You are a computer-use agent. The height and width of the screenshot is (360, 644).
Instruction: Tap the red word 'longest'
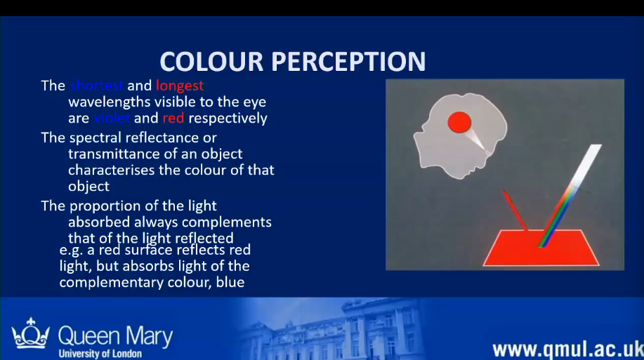point(180,86)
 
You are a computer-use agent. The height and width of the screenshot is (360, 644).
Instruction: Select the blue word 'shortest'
point(97,86)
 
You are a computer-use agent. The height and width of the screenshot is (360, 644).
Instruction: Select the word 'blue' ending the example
point(231,282)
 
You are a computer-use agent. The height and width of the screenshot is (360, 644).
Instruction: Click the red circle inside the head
point(459,122)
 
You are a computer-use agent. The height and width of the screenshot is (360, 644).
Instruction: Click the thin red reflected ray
point(514,210)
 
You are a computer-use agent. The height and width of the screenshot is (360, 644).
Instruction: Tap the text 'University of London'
point(100,354)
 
